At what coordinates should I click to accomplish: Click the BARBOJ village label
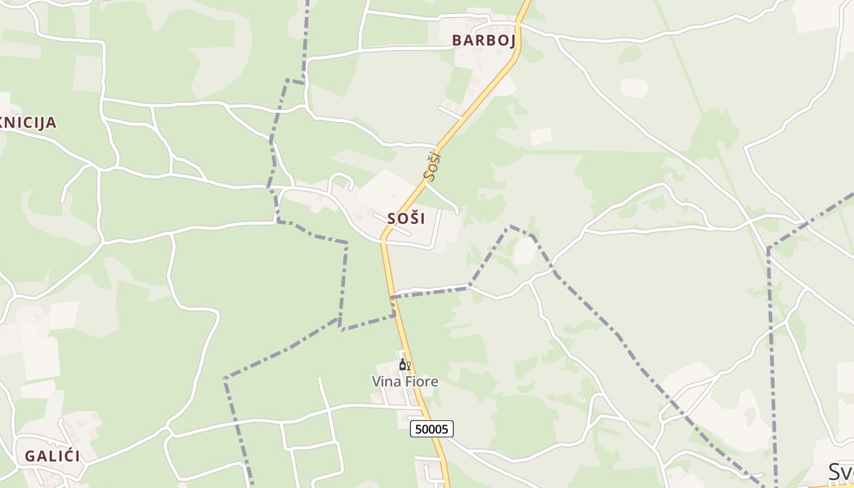(x=483, y=41)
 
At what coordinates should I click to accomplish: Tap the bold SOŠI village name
(x=406, y=218)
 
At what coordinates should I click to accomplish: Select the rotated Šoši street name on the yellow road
(x=432, y=167)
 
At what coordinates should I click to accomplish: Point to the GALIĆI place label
(x=52, y=456)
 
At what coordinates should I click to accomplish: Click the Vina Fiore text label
(x=405, y=382)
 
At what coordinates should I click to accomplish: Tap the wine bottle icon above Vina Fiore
(x=402, y=365)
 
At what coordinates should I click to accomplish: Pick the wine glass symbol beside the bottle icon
(x=409, y=365)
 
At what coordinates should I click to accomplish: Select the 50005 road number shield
(x=432, y=429)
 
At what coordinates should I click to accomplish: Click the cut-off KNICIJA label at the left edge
(x=28, y=123)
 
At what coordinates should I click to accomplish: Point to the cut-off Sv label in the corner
(x=841, y=472)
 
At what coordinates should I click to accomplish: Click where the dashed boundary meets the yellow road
(x=392, y=297)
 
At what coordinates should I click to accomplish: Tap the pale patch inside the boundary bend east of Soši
(x=524, y=251)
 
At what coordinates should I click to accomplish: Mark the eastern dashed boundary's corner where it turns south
(x=769, y=248)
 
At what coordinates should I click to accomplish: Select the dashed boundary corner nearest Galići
(x=225, y=378)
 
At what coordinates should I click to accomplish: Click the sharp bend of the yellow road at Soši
(x=384, y=237)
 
